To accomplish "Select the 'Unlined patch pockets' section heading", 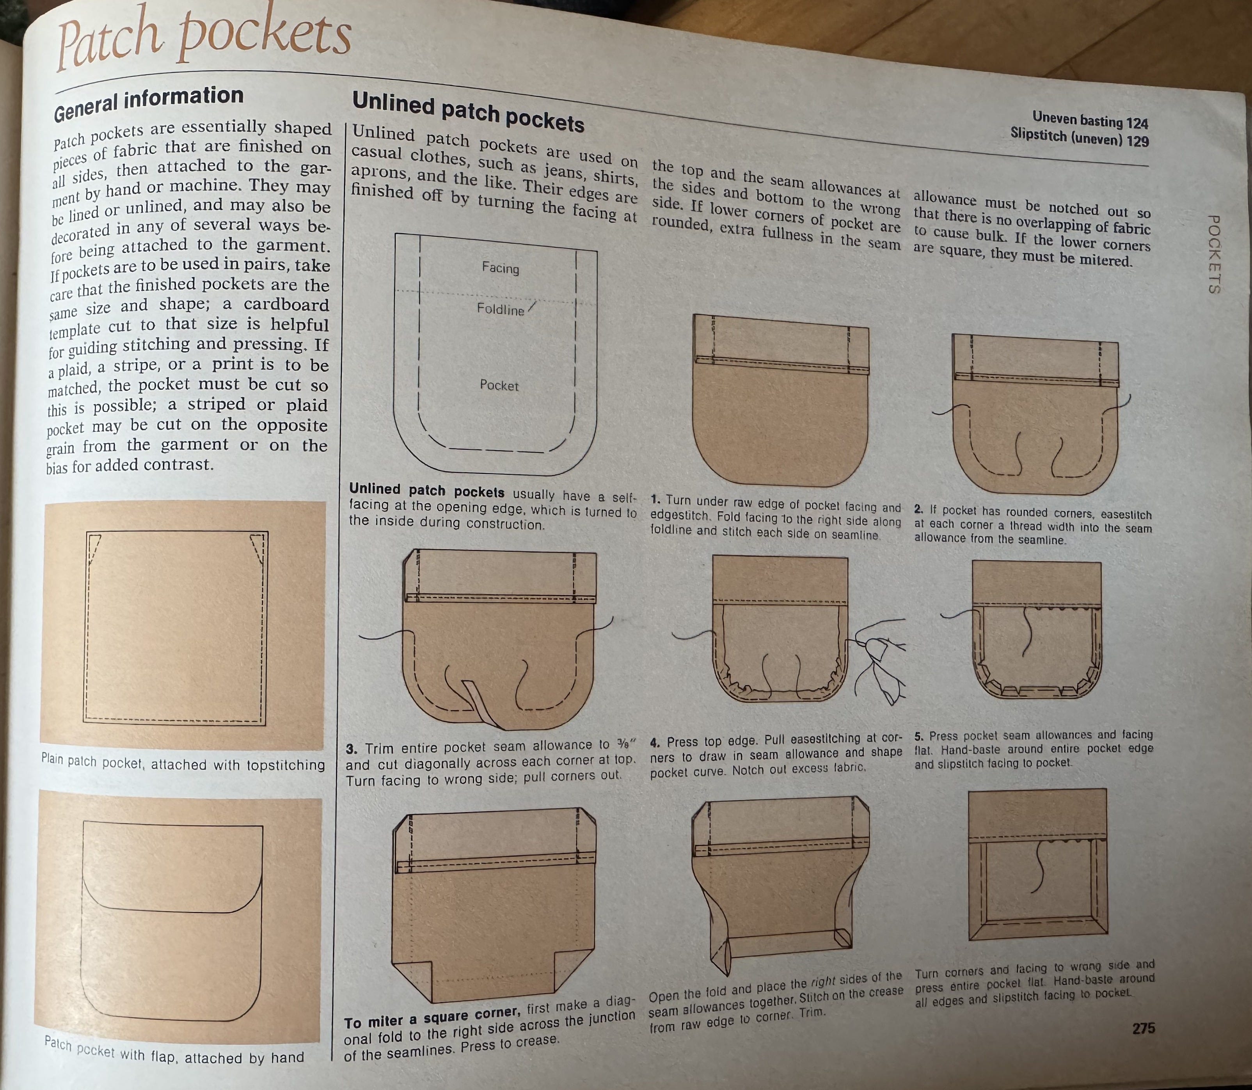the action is tap(468, 111).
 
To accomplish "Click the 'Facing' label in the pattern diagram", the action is tap(500, 268).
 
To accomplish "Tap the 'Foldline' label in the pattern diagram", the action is tap(500, 309).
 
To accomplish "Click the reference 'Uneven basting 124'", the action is tap(1090, 119).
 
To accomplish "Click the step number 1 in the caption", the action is tap(655, 499).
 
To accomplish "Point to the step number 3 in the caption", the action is tap(351, 749).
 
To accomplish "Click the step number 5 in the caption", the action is tap(919, 736).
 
